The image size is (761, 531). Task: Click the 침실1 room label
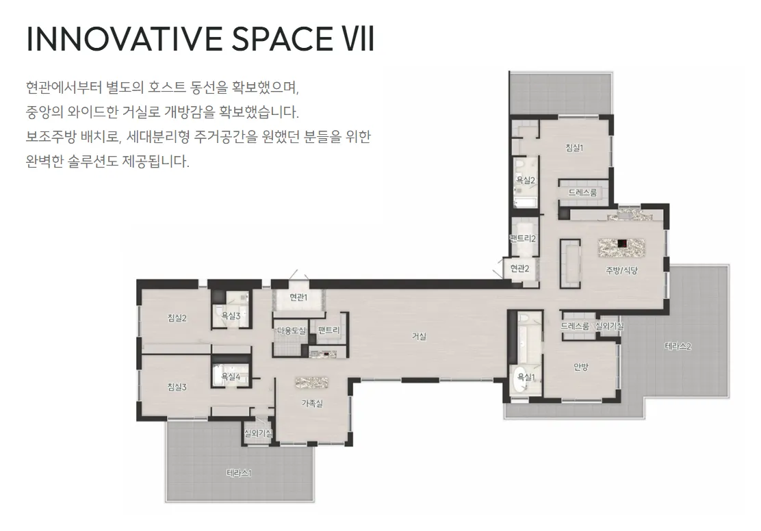[574, 147]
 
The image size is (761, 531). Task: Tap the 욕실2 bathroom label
[525, 180]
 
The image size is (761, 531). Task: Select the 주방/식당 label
[621, 270]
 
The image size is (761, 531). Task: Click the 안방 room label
[581, 366]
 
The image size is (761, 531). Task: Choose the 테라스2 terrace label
[678, 346]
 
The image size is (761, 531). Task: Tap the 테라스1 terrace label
[240, 472]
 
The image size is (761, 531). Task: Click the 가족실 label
[312, 403]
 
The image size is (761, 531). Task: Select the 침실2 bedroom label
[177, 318]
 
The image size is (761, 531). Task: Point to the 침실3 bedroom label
[177, 387]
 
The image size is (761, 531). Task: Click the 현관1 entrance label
[298, 297]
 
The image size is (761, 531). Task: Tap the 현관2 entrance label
[520, 269]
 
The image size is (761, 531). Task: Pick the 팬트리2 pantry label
[522, 238]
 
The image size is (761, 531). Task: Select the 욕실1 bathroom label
[525, 377]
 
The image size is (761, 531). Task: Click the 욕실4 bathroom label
[231, 377]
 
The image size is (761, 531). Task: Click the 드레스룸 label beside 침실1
[582, 193]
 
